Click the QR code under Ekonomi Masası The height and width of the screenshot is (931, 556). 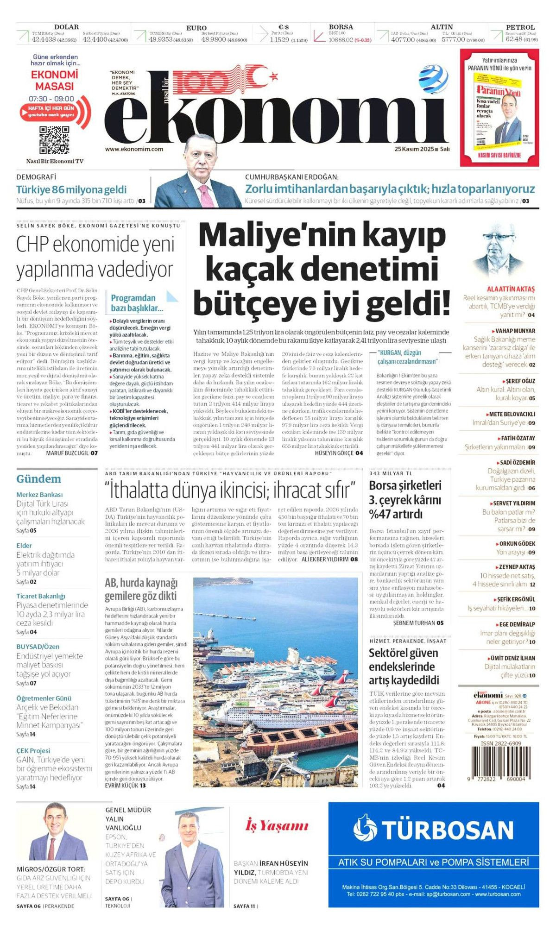click(x=54, y=139)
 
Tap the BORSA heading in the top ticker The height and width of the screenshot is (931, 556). click(x=341, y=27)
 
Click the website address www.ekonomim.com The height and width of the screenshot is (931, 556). click(x=134, y=149)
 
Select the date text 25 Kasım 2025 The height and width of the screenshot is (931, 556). click(x=414, y=149)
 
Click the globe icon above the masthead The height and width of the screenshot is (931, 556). click(x=433, y=79)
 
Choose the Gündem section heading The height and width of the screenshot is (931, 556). click(x=38, y=479)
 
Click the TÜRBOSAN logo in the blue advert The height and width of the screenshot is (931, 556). click(x=433, y=830)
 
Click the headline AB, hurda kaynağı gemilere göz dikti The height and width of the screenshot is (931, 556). click(x=141, y=589)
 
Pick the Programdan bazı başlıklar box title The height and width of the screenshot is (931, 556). click(x=137, y=303)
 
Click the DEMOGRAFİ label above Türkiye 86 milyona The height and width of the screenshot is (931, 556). click(x=36, y=177)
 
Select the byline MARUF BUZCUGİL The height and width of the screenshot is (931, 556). click(x=68, y=453)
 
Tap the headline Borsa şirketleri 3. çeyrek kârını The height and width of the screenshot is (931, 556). click(x=405, y=500)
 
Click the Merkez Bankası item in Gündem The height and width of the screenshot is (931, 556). click(x=39, y=495)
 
